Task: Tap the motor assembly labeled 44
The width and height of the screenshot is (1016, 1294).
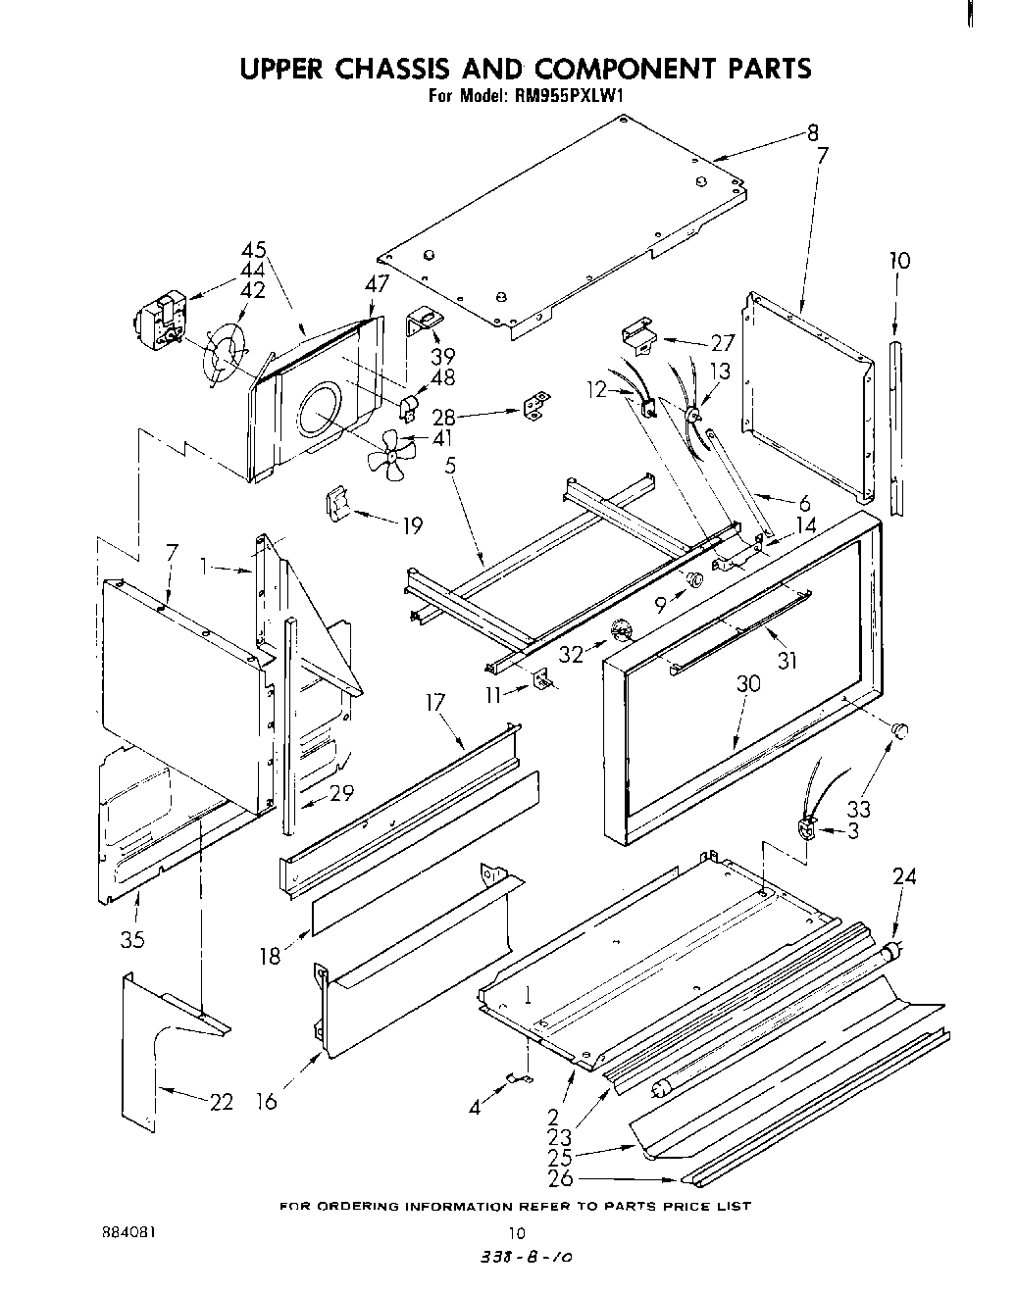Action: tap(160, 320)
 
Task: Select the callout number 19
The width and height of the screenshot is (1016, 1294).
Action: tap(412, 526)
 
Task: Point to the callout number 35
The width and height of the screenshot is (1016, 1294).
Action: tap(132, 939)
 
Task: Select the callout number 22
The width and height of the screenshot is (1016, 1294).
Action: tap(222, 1102)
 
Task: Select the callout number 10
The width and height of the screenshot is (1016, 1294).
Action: tap(898, 260)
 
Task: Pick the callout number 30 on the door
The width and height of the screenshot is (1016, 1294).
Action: tap(747, 683)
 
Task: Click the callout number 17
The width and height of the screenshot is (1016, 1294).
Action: tap(435, 702)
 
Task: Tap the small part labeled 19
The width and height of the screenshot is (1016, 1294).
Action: tap(337, 506)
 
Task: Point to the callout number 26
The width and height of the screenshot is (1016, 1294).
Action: tap(561, 1178)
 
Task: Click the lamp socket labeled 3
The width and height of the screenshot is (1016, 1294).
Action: tap(808, 829)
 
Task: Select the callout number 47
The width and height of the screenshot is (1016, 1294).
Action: tap(377, 284)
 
